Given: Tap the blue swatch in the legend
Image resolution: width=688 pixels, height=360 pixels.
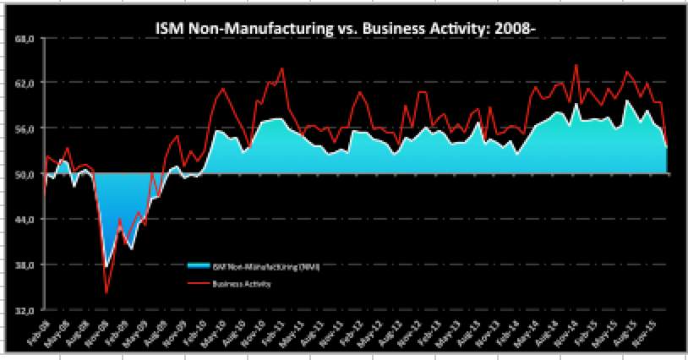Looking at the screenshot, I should tap(203, 265).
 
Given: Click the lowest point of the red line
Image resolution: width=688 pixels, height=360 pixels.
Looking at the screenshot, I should tap(106, 292).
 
